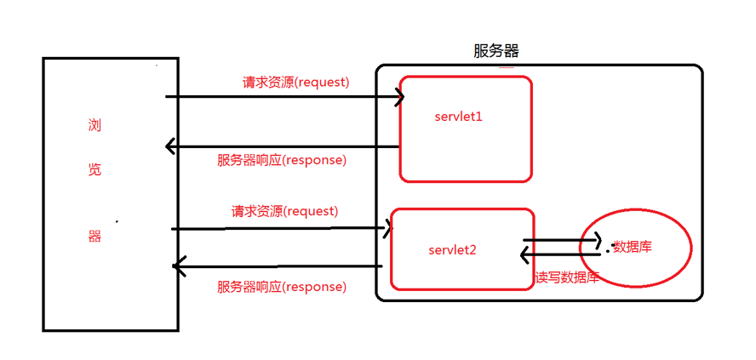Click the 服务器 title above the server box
(x=495, y=51)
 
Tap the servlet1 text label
(x=458, y=116)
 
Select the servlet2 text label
(x=452, y=250)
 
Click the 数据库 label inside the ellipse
(x=633, y=247)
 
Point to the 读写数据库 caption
(x=567, y=277)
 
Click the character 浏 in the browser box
(x=94, y=126)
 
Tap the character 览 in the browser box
(x=94, y=169)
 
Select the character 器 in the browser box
(x=94, y=237)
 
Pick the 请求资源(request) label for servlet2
(x=284, y=210)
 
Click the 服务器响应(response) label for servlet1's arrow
(x=282, y=159)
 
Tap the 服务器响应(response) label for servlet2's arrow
(x=282, y=287)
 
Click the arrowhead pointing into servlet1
(x=398, y=97)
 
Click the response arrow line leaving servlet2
(x=281, y=267)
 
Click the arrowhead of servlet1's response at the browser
(x=170, y=146)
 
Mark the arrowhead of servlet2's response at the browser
(x=178, y=267)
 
